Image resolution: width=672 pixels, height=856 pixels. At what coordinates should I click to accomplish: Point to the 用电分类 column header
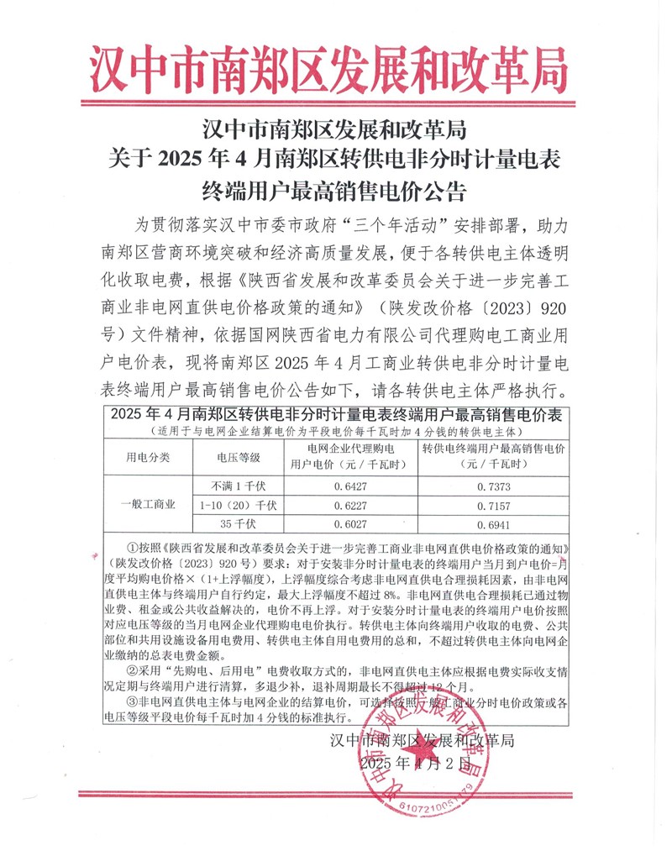[x=148, y=458]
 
